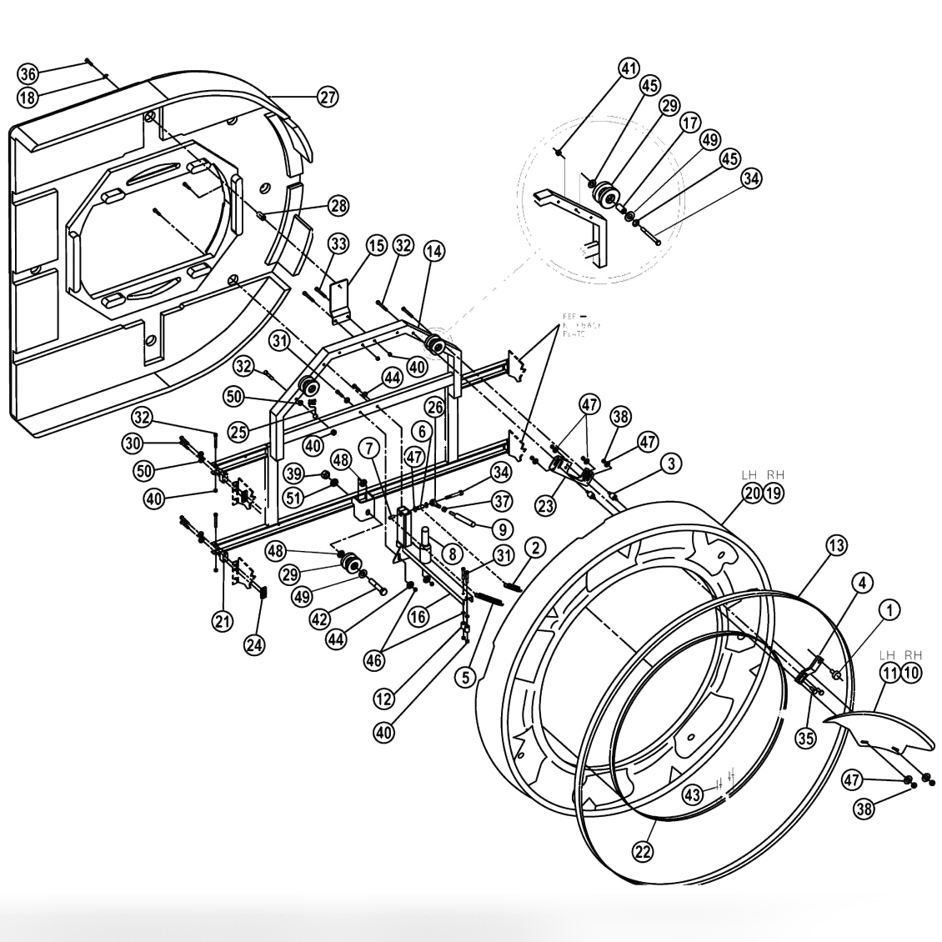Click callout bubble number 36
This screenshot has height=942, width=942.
pyautogui.click(x=28, y=73)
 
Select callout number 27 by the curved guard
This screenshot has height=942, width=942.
pyautogui.click(x=328, y=97)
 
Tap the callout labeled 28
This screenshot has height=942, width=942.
pyautogui.click(x=338, y=205)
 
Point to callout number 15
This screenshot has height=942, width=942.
pyautogui.click(x=376, y=246)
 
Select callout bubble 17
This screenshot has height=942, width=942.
pyautogui.click(x=689, y=123)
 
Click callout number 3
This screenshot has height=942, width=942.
pyautogui.click(x=673, y=463)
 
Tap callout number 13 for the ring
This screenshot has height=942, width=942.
pyautogui.click(x=836, y=546)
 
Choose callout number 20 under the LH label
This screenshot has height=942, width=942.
pyautogui.click(x=752, y=493)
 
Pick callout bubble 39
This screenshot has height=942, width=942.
pyautogui.click(x=293, y=474)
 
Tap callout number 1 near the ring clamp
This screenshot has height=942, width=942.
pyautogui.click(x=891, y=611)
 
